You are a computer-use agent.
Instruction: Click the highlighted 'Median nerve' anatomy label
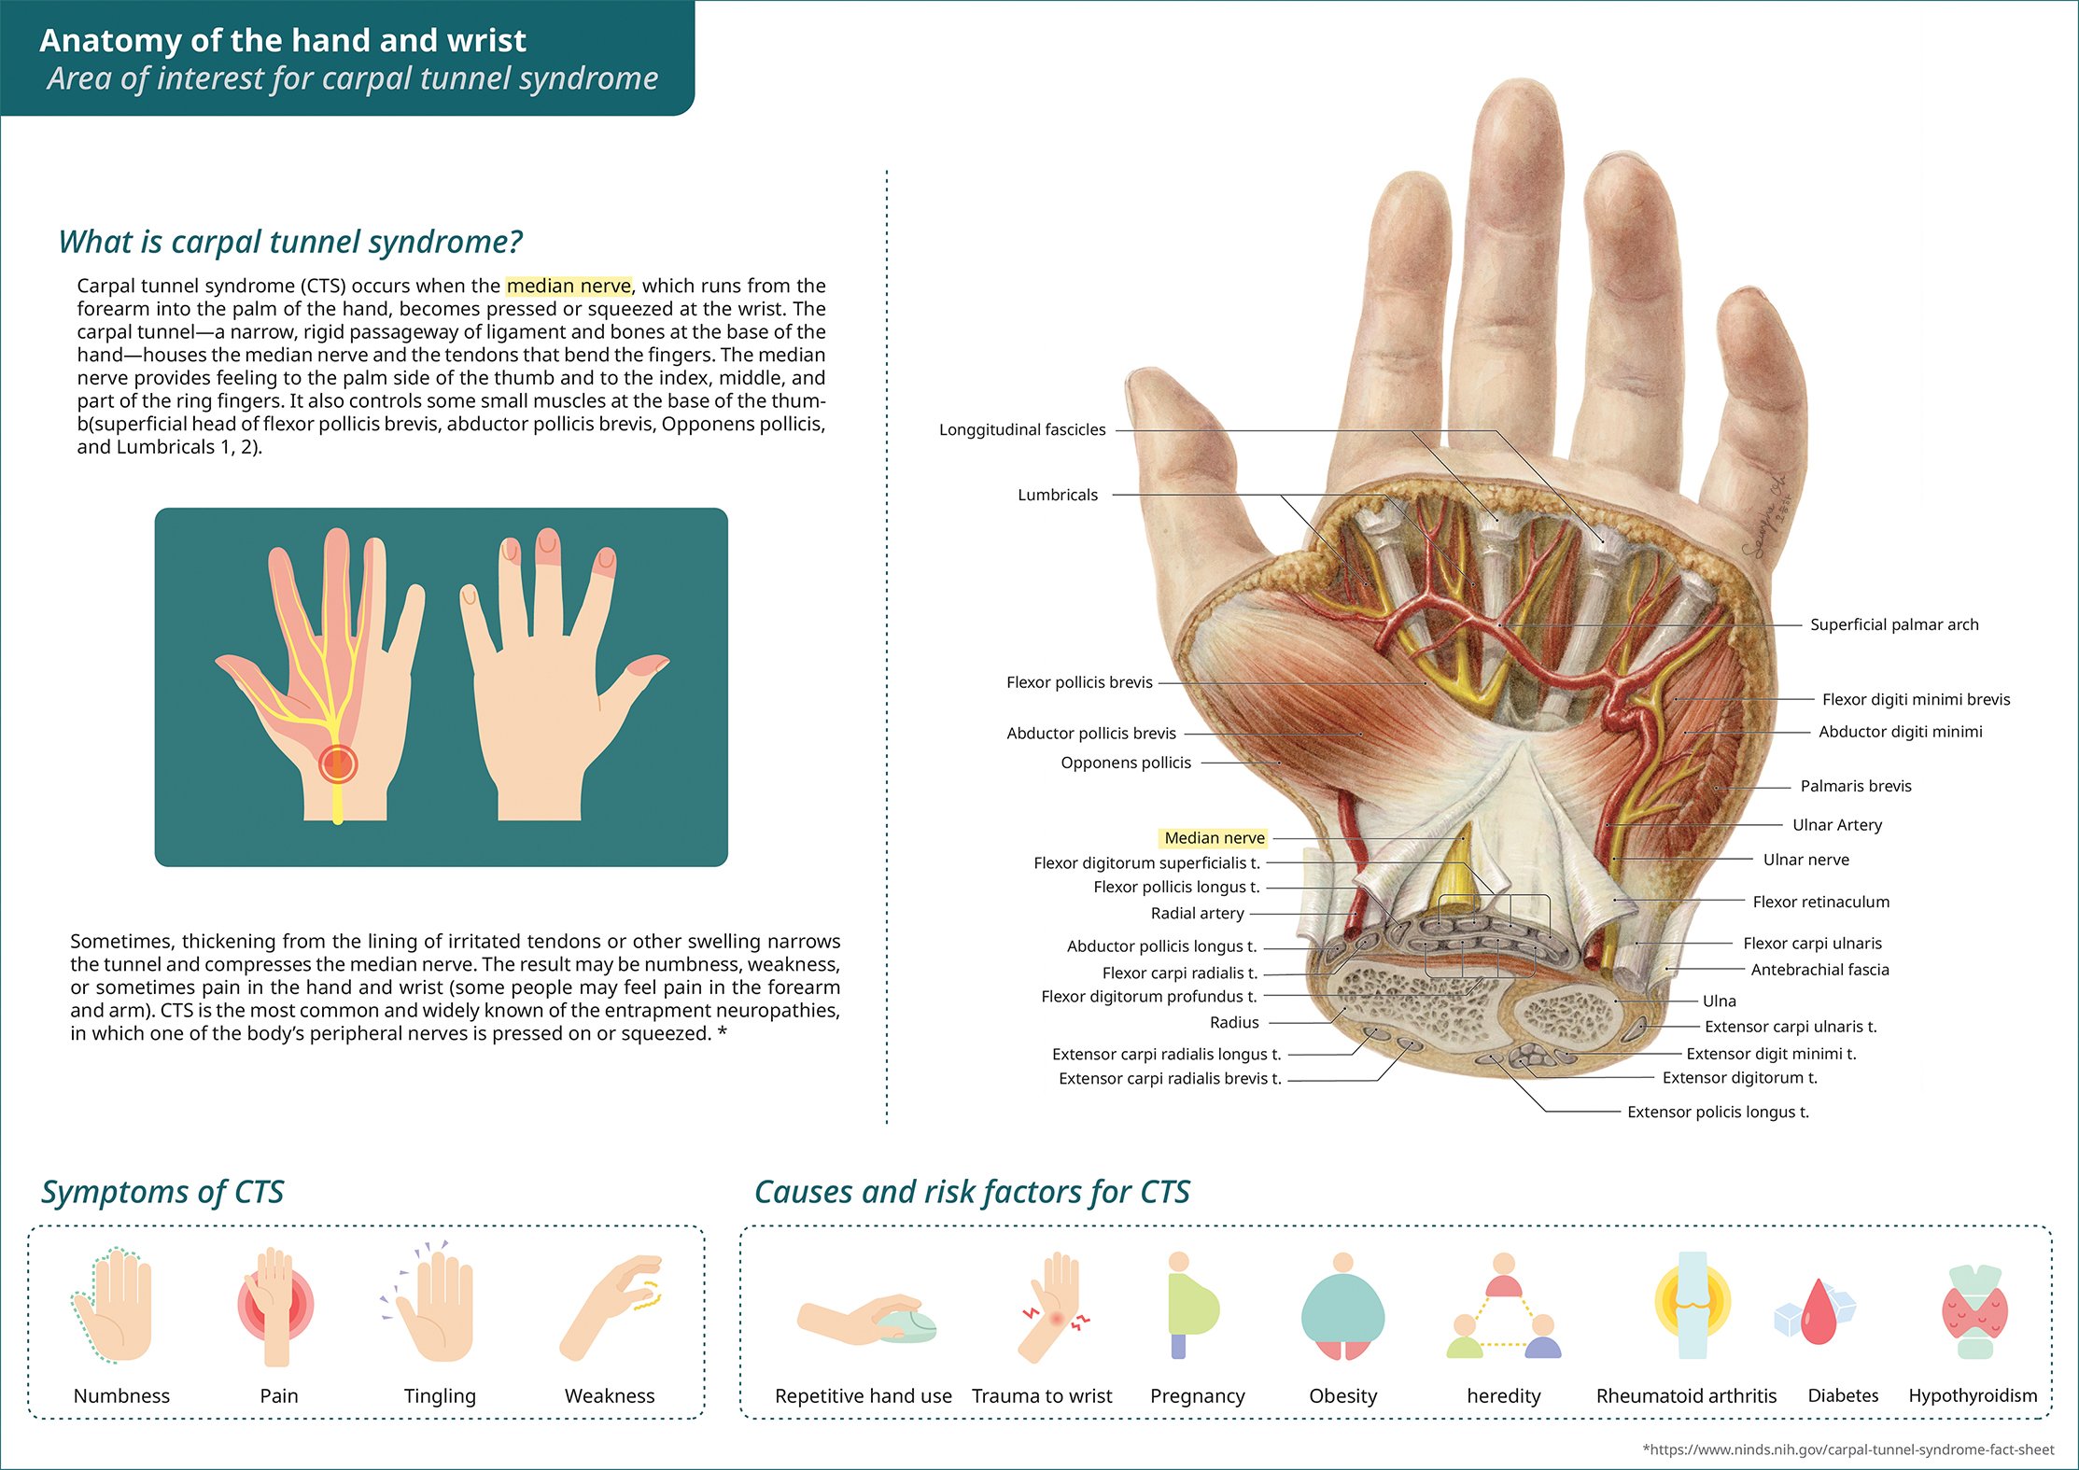[1214, 838]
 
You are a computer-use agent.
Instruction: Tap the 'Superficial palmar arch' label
[1893, 624]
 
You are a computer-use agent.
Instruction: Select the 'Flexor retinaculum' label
[1820, 902]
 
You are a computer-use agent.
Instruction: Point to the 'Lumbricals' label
[1057, 495]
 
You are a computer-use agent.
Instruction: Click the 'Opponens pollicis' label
[1125, 763]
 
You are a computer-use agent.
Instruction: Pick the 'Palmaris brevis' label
[1855, 786]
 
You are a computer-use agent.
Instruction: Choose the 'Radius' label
[1233, 1022]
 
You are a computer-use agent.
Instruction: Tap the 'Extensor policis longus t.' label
[1717, 1112]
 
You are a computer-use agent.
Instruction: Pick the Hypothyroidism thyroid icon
[1974, 1311]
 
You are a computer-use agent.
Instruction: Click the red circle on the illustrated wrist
[337, 763]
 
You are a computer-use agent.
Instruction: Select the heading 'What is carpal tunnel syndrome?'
[289, 242]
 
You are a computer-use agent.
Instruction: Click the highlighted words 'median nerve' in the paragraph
[569, 286]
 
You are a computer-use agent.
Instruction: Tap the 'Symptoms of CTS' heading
[162, 1192]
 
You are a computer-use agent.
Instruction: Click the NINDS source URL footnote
[1847, 1449]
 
